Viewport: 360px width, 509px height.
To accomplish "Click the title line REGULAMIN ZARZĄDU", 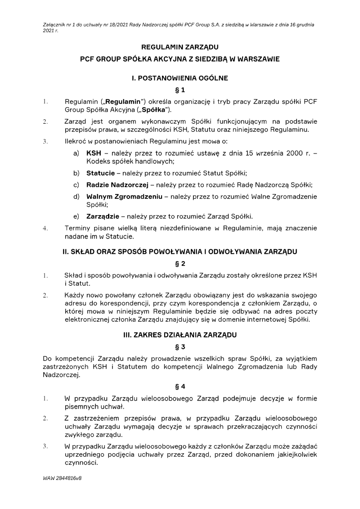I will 180,46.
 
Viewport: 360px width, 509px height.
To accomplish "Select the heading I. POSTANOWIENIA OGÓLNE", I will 180,78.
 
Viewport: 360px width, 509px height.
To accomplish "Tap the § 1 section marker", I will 180,90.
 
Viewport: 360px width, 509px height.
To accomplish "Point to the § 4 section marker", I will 180,386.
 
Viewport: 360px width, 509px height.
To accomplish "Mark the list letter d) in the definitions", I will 76,196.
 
